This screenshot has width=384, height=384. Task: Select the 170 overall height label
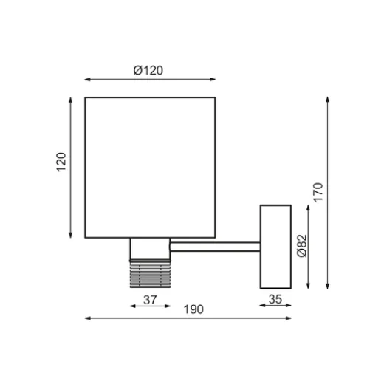click(318, 193)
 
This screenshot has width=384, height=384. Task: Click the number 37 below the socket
click(149, 301)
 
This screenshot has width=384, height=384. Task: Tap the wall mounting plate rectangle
click(275, 247)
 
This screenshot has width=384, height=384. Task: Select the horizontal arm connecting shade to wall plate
click(214, 246)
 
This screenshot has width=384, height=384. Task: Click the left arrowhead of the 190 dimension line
click(88, 318)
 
